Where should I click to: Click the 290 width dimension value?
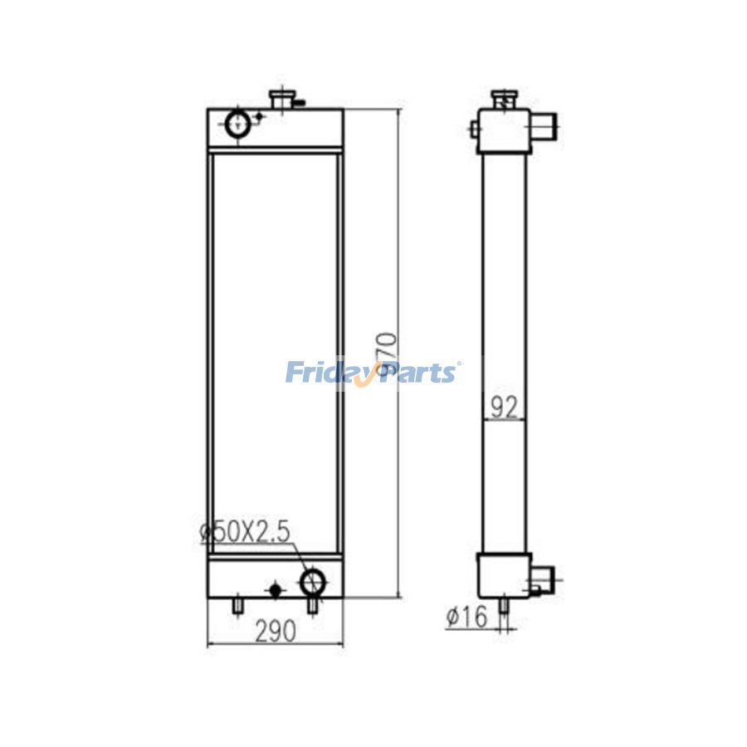(x=274, y=632)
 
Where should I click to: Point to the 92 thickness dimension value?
(x=504, y=407)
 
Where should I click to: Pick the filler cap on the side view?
(x=503, y=99)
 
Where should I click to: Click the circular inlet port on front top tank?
(x=237, y=125)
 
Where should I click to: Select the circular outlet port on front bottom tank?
(x=313, y=581)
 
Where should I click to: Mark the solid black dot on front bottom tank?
(x=276, y=589)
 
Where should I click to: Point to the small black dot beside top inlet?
(x=258, y=116)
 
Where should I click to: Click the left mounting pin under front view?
(x=237, y=608)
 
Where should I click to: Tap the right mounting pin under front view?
(x=313, y=608)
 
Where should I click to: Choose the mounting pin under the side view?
(x=504, y=608)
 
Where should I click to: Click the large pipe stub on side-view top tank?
(x=544, y=127)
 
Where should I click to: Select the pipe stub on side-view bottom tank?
(x=541, y=579)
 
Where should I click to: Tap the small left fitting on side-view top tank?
(x=473, y=128)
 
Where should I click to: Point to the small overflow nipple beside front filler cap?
(x=300, y=103)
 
